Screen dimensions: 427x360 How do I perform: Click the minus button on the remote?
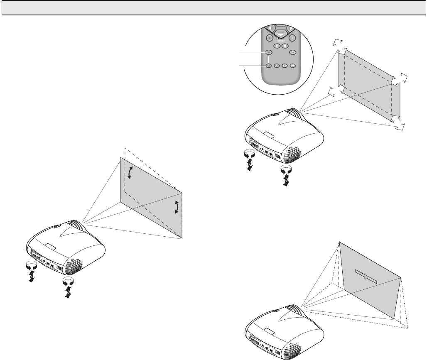[x=270, y=38]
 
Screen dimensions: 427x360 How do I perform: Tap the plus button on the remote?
[x=292, y=38]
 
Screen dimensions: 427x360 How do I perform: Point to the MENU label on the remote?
[x=281, y=42]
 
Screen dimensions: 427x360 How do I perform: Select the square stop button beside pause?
[x=285, y=46]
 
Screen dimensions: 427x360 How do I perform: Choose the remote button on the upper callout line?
[x=269, y=53]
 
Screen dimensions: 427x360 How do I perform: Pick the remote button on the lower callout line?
[x=269, y=65]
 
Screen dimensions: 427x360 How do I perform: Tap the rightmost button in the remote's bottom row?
[x=292, y=65]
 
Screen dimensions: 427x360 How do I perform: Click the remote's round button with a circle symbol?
[x=293, y=52]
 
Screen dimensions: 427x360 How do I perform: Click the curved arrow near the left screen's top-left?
[x=130, y=172]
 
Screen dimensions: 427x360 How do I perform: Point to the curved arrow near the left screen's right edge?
[x=177, y=206]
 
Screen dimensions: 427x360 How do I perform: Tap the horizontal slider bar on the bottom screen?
[x=366, y=276]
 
